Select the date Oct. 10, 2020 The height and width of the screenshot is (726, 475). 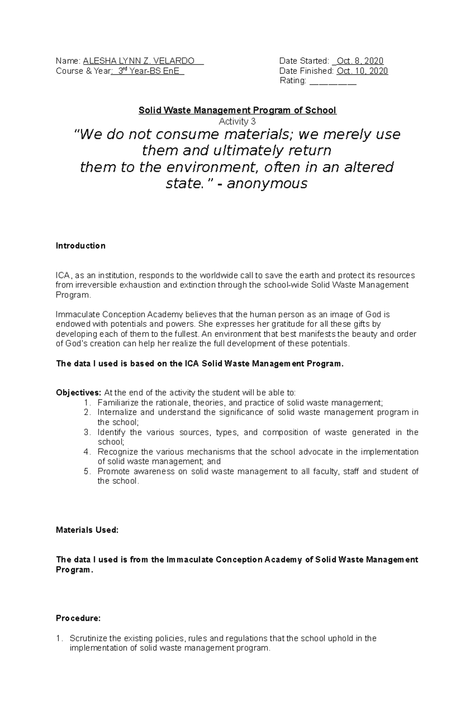coord(362,71)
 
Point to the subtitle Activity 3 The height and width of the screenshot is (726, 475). coord(237,121)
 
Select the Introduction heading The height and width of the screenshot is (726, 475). coord(80,246)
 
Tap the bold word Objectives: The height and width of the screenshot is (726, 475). coord(78,393)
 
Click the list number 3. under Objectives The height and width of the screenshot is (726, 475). coord(87,432)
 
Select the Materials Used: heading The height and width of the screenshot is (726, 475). coord(87,530)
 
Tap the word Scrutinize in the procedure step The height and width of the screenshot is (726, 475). coord(88,638)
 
